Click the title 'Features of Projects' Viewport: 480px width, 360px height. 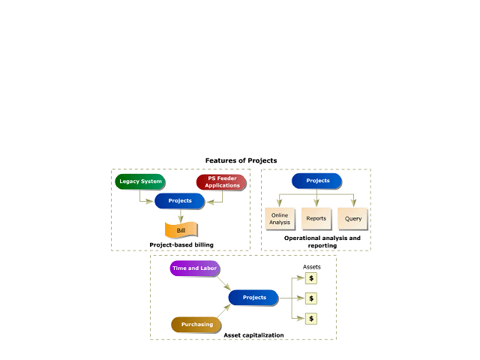click(x=241, y=160)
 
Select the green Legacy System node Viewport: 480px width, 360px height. click(x=140, y=181)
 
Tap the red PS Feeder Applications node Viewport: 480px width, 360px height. click(x=221, y=182)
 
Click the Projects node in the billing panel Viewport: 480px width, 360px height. click(x=180, y=201)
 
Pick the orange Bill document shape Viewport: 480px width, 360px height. click(x=181, y=230)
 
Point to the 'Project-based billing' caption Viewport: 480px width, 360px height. click(x=181, y=244)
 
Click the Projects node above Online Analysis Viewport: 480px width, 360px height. click(x=316, y=181)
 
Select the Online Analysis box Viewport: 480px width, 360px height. click(x=280, y=218)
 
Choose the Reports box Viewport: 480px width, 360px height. click(x=316, y=218)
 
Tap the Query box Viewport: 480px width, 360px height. click(x=353, y=218)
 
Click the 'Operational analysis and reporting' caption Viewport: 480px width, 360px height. click(x=322, y=241)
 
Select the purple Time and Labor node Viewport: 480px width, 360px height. click(x=195, y=268)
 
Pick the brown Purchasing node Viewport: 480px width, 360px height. click(x=196, y=325)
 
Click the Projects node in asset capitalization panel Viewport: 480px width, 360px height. click(x=254, y=298)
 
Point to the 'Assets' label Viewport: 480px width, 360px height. click(x=312, y=267)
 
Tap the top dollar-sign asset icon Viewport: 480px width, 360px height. click(x=311, y=278)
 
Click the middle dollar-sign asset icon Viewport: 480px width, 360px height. click(x=311, y=298)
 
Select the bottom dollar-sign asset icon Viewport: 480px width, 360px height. click(x=311, y=318)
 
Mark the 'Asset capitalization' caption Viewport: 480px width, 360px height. click(x=253, y=334)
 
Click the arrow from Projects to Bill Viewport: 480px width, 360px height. click(x=181, y=215)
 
